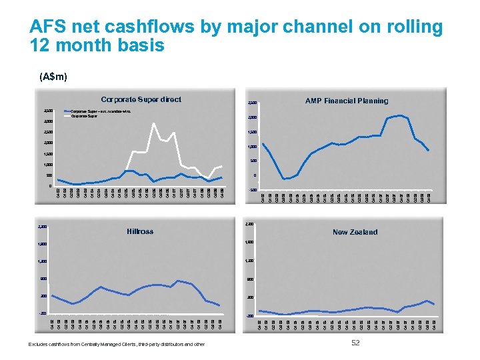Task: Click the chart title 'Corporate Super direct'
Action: click(x=140, y=99)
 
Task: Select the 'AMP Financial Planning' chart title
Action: click(x=346, y=101)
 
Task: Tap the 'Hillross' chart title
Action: click(x=140, y=231)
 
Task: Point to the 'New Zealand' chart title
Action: click(x=355, y=232)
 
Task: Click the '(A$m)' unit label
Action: click(x=53, y=77)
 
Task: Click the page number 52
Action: click(x=355, y=342)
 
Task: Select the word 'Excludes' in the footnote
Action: click(x=38, y=344)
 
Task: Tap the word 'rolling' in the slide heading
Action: click(x=413, y=27)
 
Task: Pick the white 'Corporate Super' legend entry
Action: click(x=83, y=115)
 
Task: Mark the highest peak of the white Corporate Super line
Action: click(x=154, y=123)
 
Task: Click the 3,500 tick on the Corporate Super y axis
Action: click(x=47, y=110)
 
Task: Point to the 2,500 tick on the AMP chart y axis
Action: click(x=251, y=103)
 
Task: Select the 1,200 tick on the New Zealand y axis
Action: click(x=250, y=261)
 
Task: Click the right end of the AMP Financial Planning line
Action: click(x=429, y=151)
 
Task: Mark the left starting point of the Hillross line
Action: click(x=52, y=295)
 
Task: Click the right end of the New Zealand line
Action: click(x=435, y=305)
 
